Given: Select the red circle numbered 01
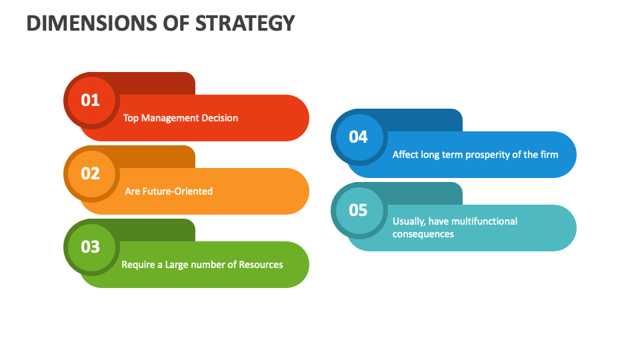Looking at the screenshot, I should tap(91, 101).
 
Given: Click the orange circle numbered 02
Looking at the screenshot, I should tap(91, 174).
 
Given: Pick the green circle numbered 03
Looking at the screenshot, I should tap(91, 247).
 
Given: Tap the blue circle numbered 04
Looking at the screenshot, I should tap(358, 137).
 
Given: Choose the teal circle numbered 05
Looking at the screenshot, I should tap(358, 211).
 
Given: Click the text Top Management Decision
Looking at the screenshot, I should tap(180, 118).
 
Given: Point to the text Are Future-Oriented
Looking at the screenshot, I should tap(169, 191).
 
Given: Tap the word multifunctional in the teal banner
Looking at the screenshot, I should tap(484, 221).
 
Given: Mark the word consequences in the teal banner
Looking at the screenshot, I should tap(423, 234).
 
